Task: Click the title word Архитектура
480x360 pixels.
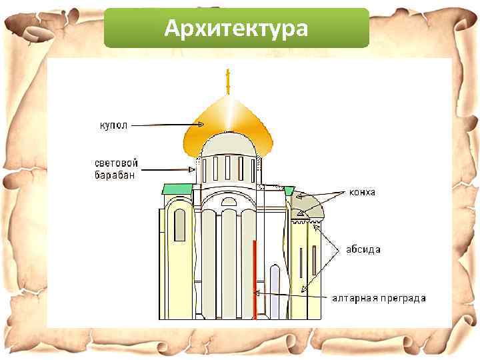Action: coord(236,29)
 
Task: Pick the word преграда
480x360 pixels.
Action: coord(404,298)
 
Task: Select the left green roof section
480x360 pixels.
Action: coord(177,189)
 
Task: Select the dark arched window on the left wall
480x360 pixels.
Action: coord(179,225)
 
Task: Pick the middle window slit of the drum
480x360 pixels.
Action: coord(227,167)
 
